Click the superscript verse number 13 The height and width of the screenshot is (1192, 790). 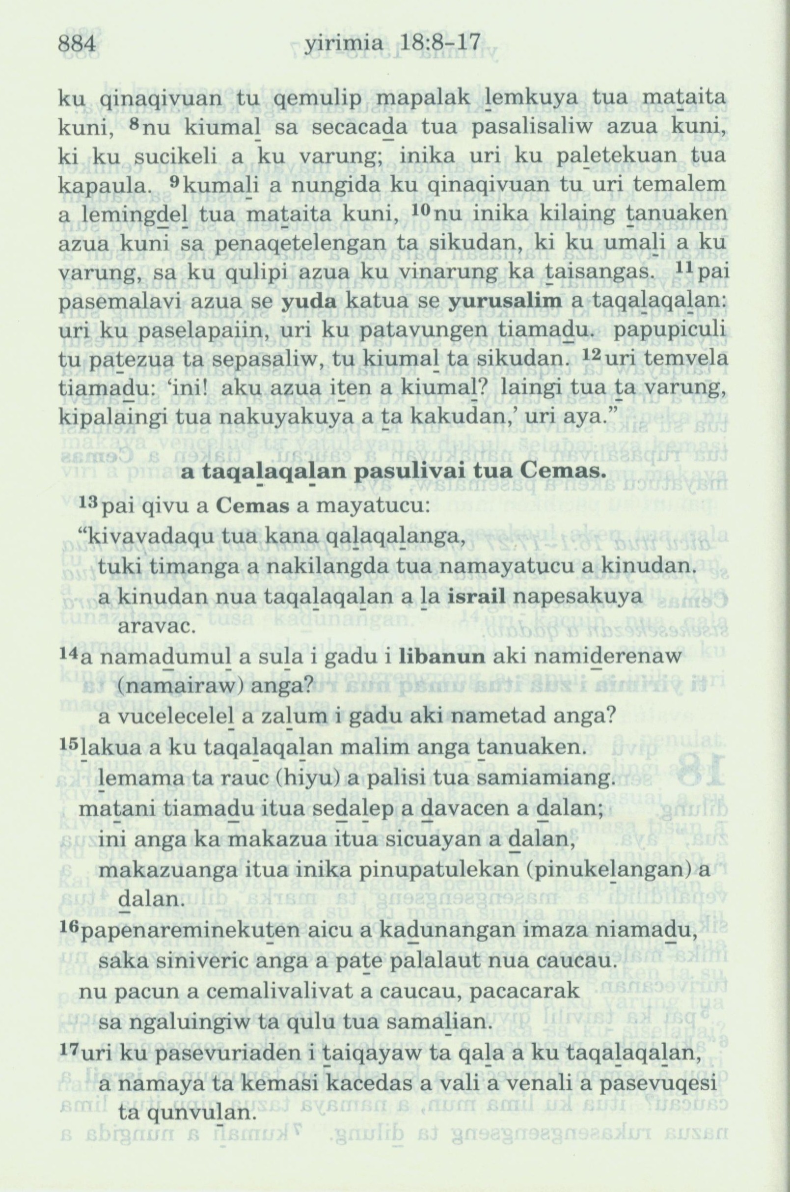[90, 504]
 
